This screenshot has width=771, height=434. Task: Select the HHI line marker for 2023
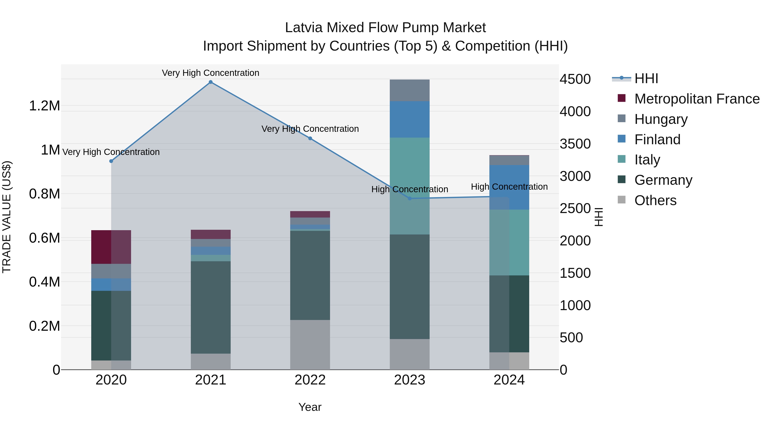pyautogui.click(x=409, y=198)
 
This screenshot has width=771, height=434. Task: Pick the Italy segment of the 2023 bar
pyautogui.click(x=409, y=186)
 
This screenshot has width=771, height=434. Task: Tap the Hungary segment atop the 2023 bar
pyautogui.click(x=409, y=90)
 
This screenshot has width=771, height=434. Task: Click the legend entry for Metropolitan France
pyautogui.click(x=696, y=99)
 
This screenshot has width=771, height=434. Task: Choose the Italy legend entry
pyautogui.click(x=647, y=160)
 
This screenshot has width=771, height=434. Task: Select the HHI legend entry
pyautogui.click(x=646, y=78)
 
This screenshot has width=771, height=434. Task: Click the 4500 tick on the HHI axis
pyautogui.click(x=575, y=79)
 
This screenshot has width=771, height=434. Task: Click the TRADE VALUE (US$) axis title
pyautogui.click(x=7, y=217)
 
